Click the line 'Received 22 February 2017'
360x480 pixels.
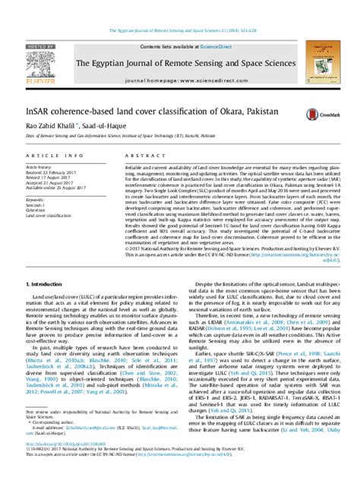click(49, 172)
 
